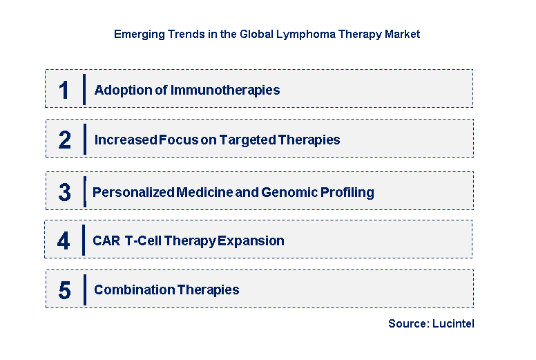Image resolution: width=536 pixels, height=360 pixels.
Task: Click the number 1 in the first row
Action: pyautogui.click(x=64, y=90)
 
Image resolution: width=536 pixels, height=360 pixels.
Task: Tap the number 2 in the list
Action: pyautogui.click(x=64, y=140)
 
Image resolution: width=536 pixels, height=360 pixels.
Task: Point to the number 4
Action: pyautogui.click(x=64, y=241)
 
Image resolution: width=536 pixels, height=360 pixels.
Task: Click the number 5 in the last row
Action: pyautogui.click(x=64, y=290)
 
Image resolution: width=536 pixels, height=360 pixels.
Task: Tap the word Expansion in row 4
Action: pyautogui.click(x=251, y=241)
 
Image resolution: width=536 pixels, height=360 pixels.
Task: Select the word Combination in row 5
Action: pyautogui.click(x=134, y=290)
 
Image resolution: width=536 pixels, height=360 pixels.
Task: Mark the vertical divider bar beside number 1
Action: pyautogui.click(x=84, y=89)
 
